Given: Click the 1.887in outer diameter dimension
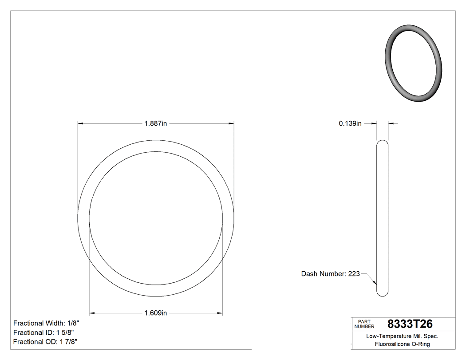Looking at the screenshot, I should tap(155, 123).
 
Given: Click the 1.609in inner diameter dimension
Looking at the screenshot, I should tap(155, 313).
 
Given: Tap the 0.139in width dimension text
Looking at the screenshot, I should tap(350, 124).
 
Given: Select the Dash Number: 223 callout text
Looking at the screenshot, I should tap(330, 274).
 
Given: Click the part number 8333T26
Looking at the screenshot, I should tap(410, 324).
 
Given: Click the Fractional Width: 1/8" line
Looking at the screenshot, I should tap(46, 323).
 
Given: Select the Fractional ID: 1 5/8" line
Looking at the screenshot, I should tap(43, 332).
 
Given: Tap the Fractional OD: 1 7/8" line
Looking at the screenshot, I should tap(46, 342).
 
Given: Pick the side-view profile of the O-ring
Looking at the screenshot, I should tap(382, 218).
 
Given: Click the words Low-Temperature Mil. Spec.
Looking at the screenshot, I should tap(402, 336).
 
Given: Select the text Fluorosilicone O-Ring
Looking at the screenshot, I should tap(402, 344).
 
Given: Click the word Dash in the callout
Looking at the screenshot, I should tap(309, 274).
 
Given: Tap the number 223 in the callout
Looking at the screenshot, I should tap(354, 274).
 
